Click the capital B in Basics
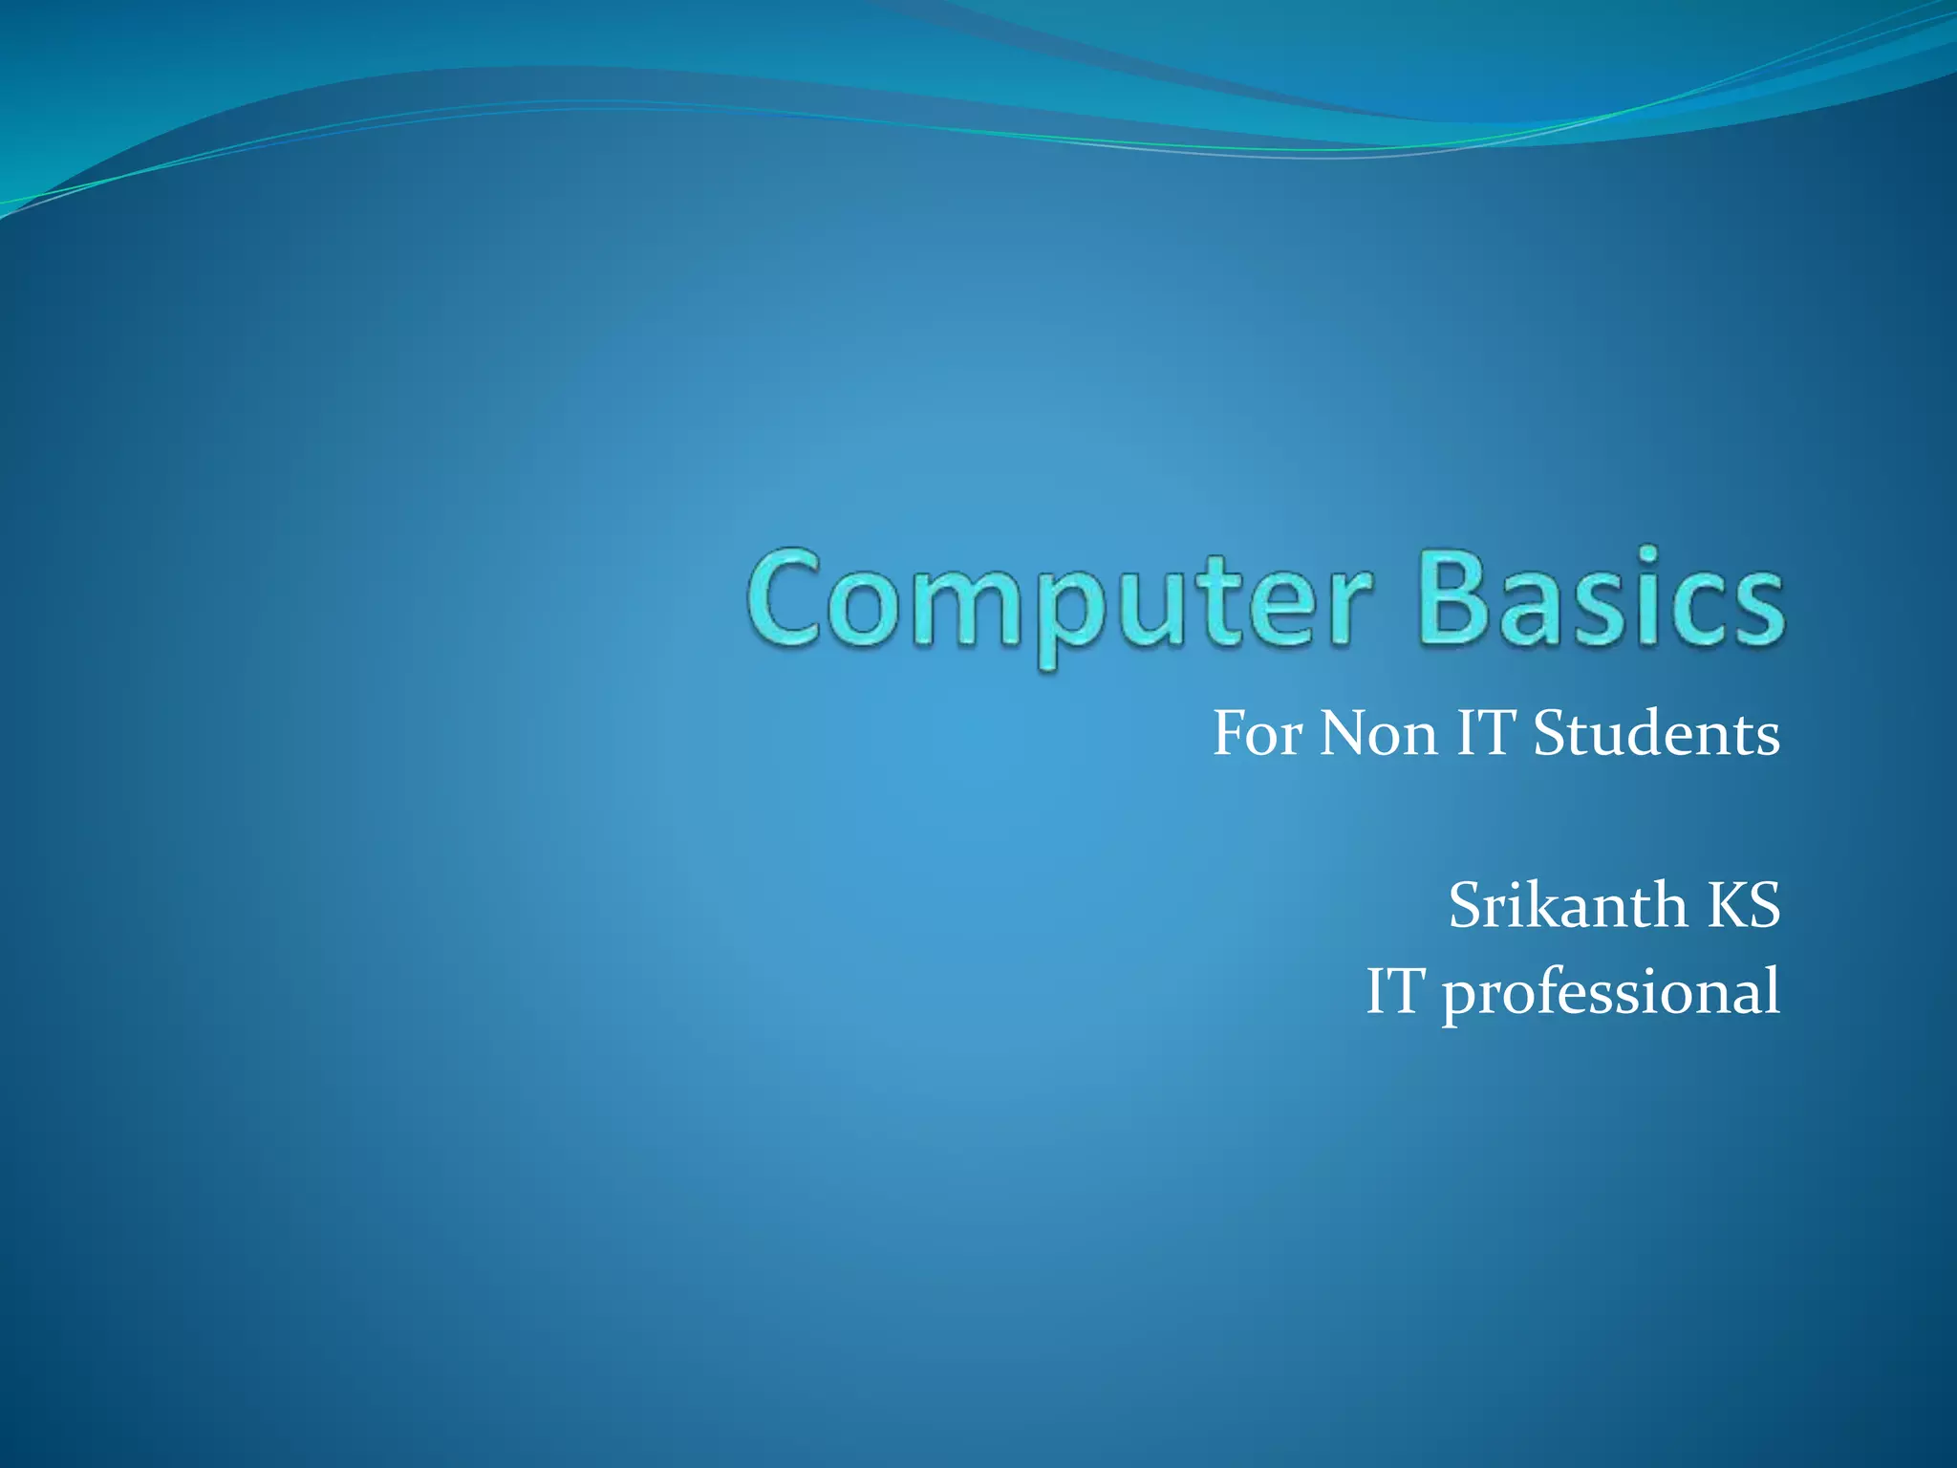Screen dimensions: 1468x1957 (x=1457, y=598)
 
